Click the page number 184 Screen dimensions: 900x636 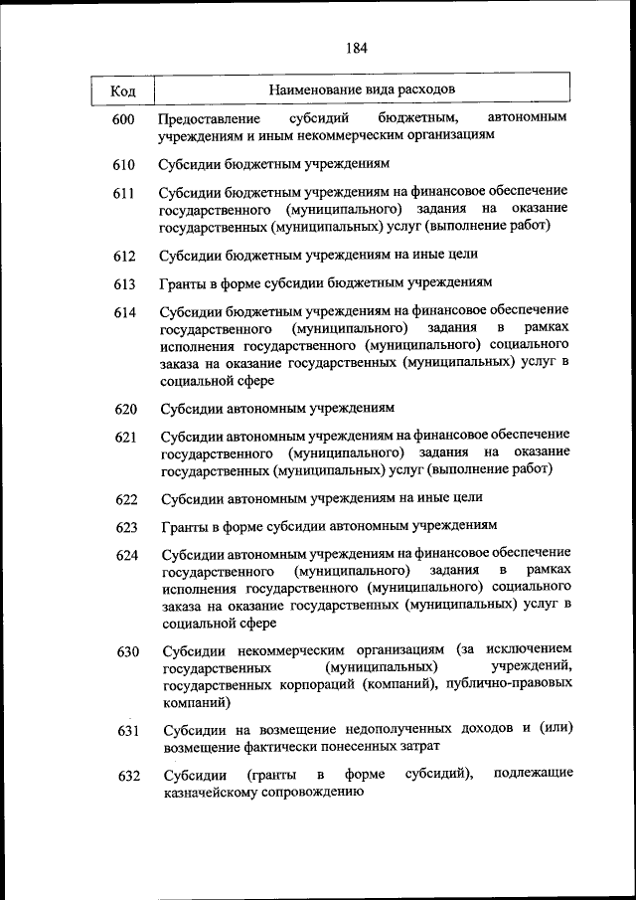[357, 47]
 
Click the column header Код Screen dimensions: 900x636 [123, 91]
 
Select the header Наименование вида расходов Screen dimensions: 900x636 [362, 90]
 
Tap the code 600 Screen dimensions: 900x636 [123, 120]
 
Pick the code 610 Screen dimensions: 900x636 [123, 163]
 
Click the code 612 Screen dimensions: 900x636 [123, 257]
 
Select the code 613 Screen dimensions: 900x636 [123, 284]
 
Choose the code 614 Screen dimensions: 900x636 [123, 313]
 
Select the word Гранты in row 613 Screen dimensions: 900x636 [182, 283]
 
